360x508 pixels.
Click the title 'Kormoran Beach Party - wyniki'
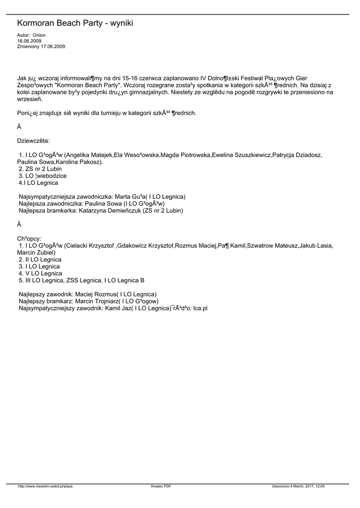click(75, 23)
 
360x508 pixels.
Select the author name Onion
click(39, 36)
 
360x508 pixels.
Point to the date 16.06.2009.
click(29, 41)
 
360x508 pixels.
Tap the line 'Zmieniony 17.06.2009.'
click(41, 46)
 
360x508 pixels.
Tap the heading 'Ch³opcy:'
click(29, 238)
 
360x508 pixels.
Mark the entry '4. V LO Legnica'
click(40, 273)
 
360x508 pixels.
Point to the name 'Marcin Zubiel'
click(36, 253)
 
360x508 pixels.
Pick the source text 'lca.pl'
click(200, 308)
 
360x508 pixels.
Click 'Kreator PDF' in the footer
click(161, 486)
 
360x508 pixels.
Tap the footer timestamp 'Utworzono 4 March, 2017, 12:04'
click(302, 486)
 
